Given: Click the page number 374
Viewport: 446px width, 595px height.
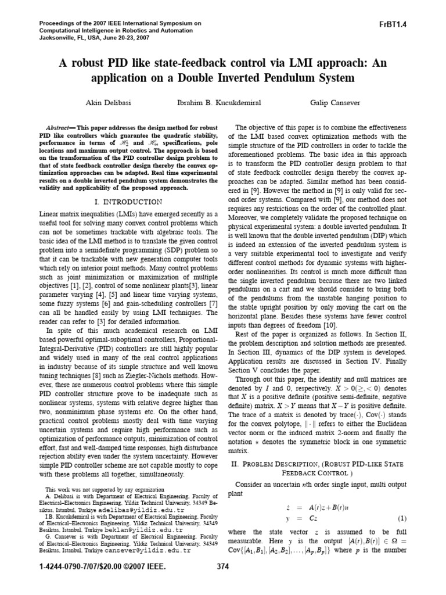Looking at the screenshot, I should [223, 582].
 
